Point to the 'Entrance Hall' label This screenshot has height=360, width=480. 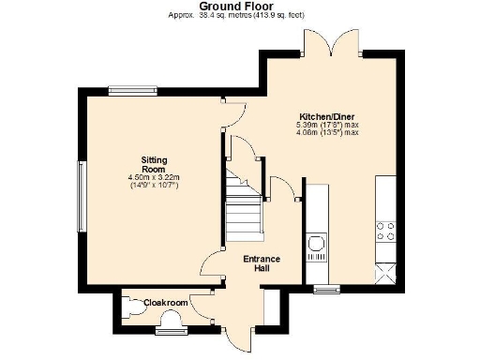(262, 263)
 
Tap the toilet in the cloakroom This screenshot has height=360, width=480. (132, 306)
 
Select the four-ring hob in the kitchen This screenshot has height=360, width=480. (385, 231)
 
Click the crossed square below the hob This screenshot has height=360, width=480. (385, 274)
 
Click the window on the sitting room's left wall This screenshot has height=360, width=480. (82, 196)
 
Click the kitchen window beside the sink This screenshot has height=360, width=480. (326, 289)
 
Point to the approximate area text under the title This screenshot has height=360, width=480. (239, 15)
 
